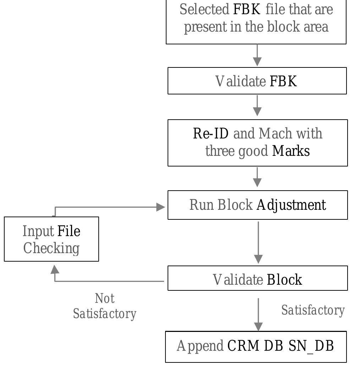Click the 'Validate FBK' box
point(257,81)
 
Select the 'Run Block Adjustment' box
point(257,205)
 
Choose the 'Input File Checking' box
point(51,239)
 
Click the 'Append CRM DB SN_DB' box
point(256,346)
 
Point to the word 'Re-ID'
point(211,134)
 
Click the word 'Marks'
point(291,151)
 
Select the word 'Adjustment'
point(291,205)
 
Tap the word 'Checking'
point(51,248)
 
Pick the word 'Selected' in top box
point(204,10)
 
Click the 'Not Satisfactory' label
point(105,306)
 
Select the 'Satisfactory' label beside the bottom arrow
point(313,310)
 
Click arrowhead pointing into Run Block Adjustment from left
point(161,207)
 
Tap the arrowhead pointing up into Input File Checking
point(55,270)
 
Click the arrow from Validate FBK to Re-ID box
point(257,105)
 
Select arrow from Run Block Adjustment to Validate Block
point(258,242)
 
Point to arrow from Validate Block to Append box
point(258,314)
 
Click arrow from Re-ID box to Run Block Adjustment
point(257,177)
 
